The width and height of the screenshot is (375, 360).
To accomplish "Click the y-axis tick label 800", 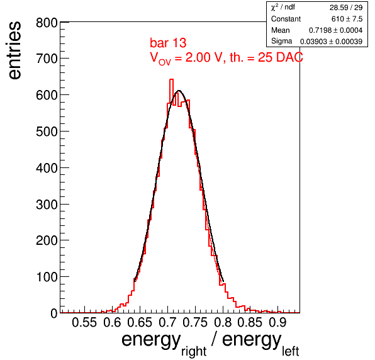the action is click(x=47, y=23).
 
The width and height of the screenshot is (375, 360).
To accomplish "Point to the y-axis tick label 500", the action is click(x=47, y=132).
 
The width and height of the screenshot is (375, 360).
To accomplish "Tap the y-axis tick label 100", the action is click(x=47, y=277).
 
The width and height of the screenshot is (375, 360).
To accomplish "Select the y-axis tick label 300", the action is click(x=47, y=205).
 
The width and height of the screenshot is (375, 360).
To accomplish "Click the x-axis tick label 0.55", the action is click(x=84, y=322).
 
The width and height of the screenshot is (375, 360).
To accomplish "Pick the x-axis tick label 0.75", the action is click(x=195, y=322).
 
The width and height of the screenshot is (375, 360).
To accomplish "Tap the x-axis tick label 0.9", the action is click(x=277, y=322).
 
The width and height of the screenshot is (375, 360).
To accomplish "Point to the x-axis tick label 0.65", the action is click(x=140, y=322).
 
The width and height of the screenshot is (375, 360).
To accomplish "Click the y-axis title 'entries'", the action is click(x=15, y=50).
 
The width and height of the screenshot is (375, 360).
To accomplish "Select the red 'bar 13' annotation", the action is click(x=168, y=43).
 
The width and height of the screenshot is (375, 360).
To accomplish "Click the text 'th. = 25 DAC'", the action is click(x=266, y=57).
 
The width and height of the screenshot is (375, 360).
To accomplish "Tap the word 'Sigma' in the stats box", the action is click(x=281, y=41).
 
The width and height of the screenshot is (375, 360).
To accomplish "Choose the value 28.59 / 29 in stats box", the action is click(x=346, y=8).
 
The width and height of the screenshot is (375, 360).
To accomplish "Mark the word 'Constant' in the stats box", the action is click(x=286, y=19).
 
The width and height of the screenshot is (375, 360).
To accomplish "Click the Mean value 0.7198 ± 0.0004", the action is click(x=335, y=30).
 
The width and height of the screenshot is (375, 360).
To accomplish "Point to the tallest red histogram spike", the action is click(x=171, y=80).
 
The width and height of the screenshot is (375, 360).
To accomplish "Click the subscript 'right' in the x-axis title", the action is click(x=194, y=351).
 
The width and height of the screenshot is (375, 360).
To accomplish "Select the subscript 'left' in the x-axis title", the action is click(x=290, y=351).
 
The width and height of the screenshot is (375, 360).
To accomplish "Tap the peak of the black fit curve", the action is click(x=179, y=91).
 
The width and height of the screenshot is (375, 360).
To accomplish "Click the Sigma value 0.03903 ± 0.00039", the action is click(x=331, y=42).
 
